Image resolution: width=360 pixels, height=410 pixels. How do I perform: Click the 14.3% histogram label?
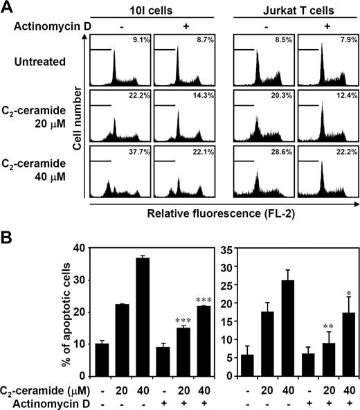(204, 100)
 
